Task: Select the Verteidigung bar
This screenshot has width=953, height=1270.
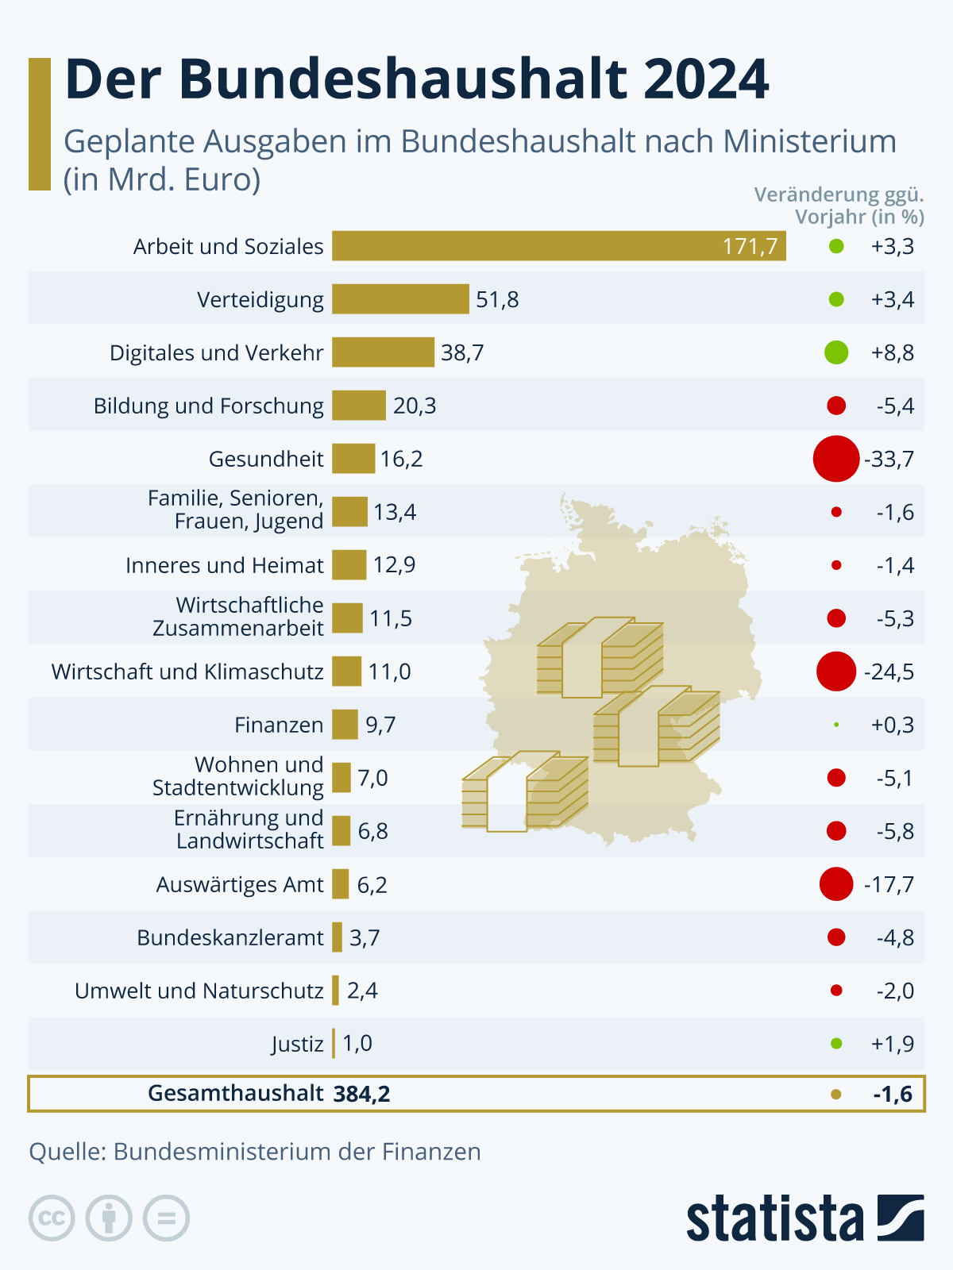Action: tap(400, 299)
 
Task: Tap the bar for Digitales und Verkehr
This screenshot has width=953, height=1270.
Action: tap(383, 352)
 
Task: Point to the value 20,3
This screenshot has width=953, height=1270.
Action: tap(415, 406)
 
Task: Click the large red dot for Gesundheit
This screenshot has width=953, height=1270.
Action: tap(836, 459)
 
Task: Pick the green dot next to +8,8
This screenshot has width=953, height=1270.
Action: tap(836, 352)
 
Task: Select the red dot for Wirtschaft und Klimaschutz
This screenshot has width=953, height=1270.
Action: tap(836, 672)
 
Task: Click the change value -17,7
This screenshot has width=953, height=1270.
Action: tap(889, 884)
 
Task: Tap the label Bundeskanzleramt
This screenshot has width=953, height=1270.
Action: tap(230, 937)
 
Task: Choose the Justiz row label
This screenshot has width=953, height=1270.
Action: tap(297, 1044)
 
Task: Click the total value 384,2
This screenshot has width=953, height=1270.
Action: tap(362, 1095)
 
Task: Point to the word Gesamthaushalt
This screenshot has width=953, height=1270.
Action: tap(235, 1094)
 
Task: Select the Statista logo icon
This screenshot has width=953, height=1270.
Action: tap(901, 1218)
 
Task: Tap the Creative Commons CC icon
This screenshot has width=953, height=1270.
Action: tap(52, 1218)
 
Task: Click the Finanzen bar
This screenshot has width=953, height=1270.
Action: tap(345, 725)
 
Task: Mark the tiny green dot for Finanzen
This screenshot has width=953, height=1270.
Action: tap(836, 725)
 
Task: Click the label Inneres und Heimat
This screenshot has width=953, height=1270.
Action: tap(224, 565)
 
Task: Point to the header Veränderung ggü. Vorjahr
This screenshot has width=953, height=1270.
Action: tap(840, 206)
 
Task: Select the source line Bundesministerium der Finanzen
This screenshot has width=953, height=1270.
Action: tap(255, 1152)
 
